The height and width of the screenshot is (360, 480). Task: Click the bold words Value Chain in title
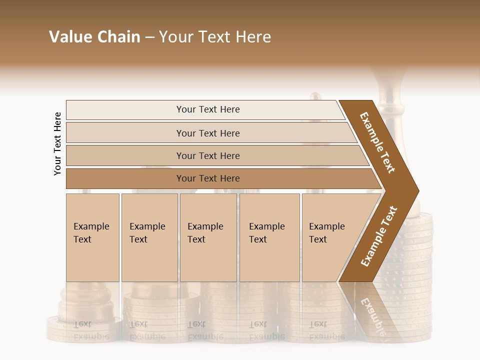pyautogui.click(x=94, y=37)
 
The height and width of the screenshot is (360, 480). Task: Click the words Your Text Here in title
pyautogui.click(x=215, y=37)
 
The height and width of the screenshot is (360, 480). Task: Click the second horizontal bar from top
pyautogui.click(x=207, y=133)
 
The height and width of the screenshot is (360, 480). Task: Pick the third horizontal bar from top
pyautogui.click(x=207, y=155)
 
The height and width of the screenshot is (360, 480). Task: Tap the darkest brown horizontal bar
pyautogui.click(x=207, y=178)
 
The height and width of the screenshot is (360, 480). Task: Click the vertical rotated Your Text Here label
pyautogui.click(x=57, y=143)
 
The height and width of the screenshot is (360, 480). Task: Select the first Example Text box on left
pyautogui.click(x=92, y=237)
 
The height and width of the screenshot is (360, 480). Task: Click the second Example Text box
pyautogui.click(x=149, y=237)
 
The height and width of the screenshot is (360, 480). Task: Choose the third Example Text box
pyautogui.click(x=207, y=237)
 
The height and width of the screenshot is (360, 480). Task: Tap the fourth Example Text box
pyautogui.click(x=269, y=237)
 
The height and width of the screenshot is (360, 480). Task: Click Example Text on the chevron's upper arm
pyautogui.click(x=377, y=142)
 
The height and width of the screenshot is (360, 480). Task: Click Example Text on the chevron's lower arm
pyautogui.click(x=378, y=236)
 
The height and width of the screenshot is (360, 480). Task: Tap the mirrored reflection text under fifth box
pyautogui.click(x=326, y=330)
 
